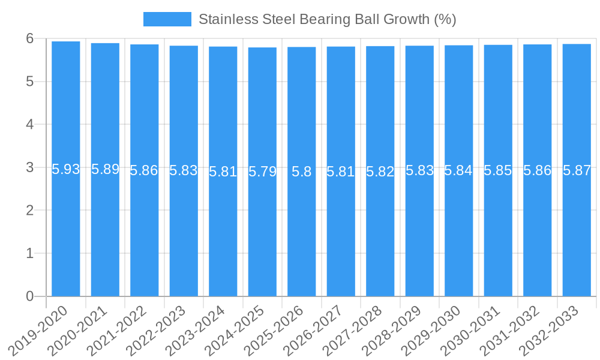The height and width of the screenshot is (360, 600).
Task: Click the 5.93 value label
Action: [x=66, y=170]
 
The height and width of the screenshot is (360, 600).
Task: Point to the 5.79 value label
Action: [x=262, y=172]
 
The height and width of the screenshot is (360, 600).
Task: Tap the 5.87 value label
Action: [x=577, y=170]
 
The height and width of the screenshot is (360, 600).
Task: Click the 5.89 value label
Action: [x=106, y=170]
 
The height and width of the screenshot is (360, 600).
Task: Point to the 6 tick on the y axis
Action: [x=29, y=38]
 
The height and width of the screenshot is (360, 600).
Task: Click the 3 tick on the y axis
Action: [x=29, y=167]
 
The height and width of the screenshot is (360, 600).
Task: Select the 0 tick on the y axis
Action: [x=29, y=296]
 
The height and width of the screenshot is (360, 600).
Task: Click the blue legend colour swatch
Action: [x=167, y=19]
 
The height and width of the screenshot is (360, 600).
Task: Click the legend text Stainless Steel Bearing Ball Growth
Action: [x=327, y=19]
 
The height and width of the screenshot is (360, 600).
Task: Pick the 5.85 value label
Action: [x=498, y=171]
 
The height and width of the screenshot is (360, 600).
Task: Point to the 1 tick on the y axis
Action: [x=29, y=253]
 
